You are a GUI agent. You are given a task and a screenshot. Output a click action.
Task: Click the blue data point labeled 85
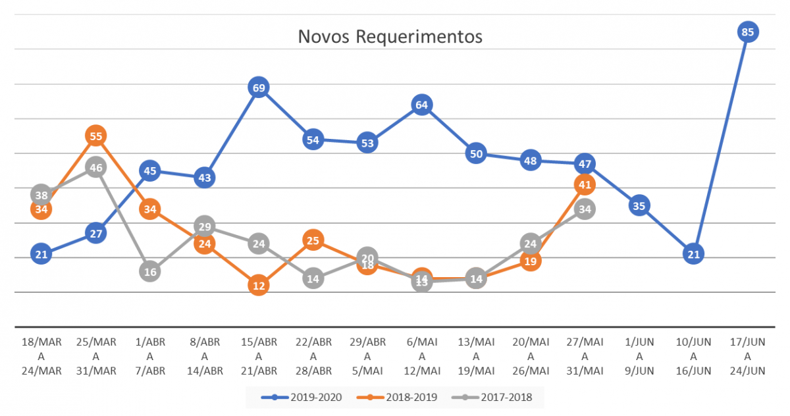(748, 32)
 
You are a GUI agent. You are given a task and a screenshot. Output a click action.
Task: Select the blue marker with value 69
(259, 88)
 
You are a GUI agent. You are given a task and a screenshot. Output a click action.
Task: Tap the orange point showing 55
(96, 136)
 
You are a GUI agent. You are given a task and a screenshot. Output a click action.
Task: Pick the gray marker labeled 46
(96, 167)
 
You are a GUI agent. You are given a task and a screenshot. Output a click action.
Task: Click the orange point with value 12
(259, 286)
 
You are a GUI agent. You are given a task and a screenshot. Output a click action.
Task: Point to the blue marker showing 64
(422, 105)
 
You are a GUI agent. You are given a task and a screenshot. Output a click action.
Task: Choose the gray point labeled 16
(150, 272)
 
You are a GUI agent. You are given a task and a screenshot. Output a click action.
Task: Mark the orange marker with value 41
(585, 185)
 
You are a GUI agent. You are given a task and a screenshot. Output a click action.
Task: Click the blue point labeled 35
(639, 206)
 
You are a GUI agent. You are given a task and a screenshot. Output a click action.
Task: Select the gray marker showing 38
(41, 195)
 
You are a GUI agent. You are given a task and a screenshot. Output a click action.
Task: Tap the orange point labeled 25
(313, 241)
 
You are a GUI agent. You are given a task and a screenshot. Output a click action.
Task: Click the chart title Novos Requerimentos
(390, 36)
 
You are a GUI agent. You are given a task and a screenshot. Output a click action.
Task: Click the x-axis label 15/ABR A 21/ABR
(259, 356)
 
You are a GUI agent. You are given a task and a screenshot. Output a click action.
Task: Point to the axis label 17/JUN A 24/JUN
(748, 356)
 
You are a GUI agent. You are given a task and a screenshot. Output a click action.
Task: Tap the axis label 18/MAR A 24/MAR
(41, 356)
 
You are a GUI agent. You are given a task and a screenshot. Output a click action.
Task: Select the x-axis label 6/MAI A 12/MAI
(422, 356)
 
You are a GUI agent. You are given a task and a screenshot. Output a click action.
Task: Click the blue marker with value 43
(205, 178)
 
